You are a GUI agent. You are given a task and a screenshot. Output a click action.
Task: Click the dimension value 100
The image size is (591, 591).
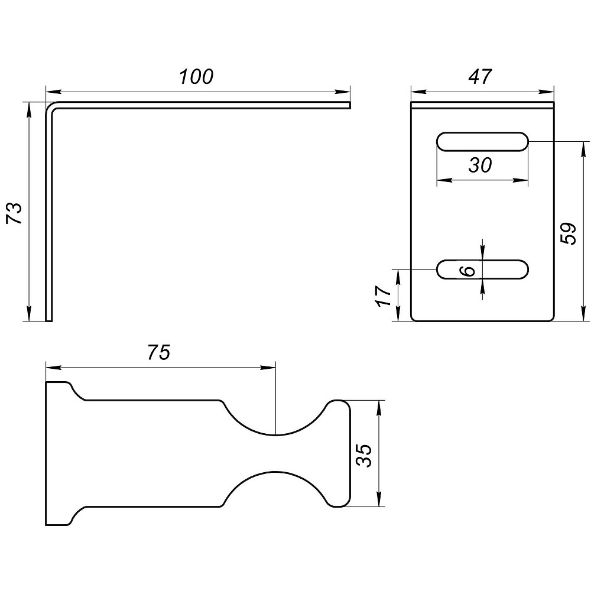(196, 76)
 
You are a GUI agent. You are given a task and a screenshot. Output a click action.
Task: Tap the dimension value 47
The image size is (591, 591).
(480, 76)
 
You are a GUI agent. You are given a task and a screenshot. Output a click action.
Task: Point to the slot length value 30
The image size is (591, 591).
(480, 165)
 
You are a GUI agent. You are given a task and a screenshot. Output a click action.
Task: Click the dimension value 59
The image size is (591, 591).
(569, 234)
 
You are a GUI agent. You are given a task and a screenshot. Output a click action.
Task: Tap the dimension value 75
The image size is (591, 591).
(158, 352)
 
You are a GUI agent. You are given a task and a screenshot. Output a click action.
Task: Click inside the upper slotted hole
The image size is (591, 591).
(482, 142)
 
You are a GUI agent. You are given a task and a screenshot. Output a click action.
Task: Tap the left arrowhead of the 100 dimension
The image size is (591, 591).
(53, 92)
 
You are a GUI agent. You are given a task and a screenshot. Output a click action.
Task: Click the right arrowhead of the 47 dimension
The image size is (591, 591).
(547, 92)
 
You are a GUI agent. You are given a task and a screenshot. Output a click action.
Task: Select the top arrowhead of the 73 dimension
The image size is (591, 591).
(28, 109)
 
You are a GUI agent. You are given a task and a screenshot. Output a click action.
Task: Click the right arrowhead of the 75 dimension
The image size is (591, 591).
(268, 368)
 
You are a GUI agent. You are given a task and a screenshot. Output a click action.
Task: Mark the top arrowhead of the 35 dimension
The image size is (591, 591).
(379, 407)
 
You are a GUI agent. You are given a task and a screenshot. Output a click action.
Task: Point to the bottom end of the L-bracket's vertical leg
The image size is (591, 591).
(48, 321)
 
